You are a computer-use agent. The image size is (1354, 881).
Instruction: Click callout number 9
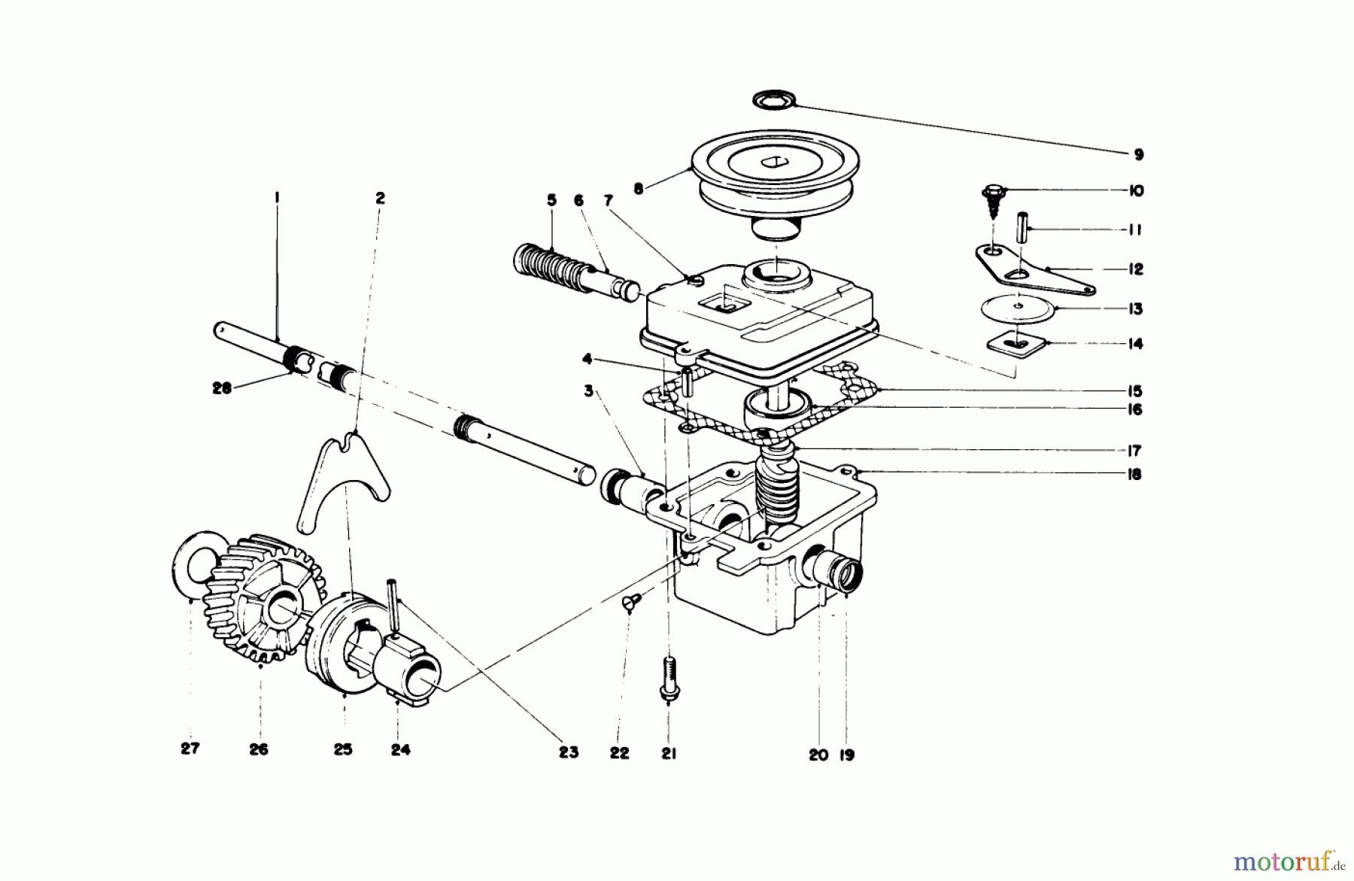click(x=1138, y=155)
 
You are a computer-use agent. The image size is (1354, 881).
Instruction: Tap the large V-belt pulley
click(x=776, y=181)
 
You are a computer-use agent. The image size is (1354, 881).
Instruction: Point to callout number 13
click(x=1135, y=309)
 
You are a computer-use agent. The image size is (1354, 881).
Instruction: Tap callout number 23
click(x=569, y=752)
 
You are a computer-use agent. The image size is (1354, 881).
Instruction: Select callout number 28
click(x=221, y=389)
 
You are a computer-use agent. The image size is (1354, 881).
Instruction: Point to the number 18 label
click(x=1134, y=474)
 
